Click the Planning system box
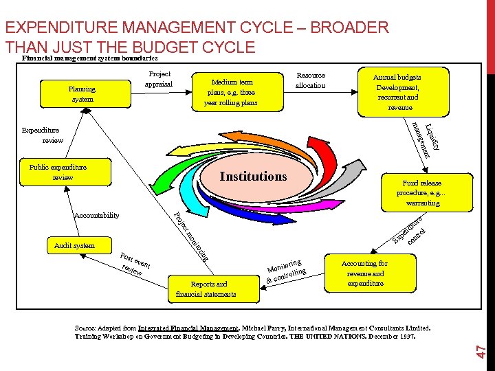click(x=82, y=94)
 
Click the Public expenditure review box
click(x=58, y=172)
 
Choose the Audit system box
click(x=75, y=245)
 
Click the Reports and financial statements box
click(x=206, y=289)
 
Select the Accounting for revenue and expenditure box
click(x=365, y=273)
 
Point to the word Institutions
click(x=253, y=177)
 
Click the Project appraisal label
click(x=159, y=80)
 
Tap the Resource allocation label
click(x=310, y=80)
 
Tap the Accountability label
click(x=96, y=215)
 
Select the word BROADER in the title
click(x=350, y=28)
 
